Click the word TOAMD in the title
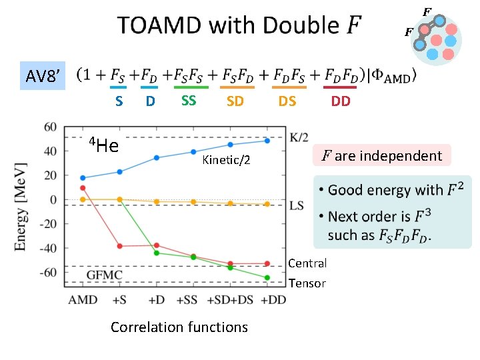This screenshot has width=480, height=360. pos(159,26)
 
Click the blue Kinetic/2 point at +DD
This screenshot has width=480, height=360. pos(267,141)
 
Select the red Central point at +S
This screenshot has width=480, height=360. pos(120,246)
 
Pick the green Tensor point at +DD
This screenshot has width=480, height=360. pos(267,277)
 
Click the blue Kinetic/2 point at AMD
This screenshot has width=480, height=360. pos(83,178)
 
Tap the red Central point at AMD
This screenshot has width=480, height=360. pos(83,188)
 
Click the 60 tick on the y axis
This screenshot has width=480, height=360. pos(49,127)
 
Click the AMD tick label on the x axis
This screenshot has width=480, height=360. pos(83,300)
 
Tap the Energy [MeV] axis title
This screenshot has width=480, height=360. pos(21,206)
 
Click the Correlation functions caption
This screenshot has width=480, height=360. pos(179,327)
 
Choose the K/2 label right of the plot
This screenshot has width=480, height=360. pos(299,137)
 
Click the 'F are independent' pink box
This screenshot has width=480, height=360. pos(382,156)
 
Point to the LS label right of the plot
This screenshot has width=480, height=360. pos(297,207)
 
